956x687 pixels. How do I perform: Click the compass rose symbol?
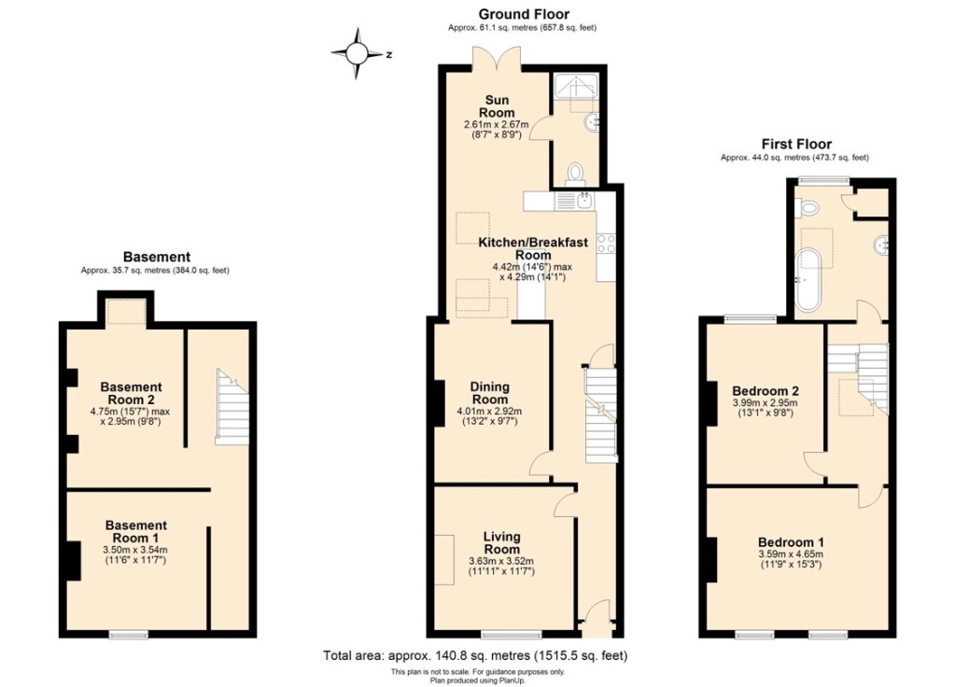point(358,53)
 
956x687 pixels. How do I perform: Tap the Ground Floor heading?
point(523,14)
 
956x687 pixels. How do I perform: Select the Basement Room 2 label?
point(131,393)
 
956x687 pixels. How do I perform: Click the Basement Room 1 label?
point(135,531)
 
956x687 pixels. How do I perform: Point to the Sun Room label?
point(497,106)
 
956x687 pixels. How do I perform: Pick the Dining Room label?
point(489,393)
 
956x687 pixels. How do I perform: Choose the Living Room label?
point(501,542)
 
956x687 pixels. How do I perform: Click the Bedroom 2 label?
point(766,391)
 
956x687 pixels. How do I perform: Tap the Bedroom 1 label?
point(791,542)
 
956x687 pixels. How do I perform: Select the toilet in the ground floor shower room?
point(574,173)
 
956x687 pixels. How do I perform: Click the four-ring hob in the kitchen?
point(606,244)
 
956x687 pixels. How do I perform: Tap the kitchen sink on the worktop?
point(584,200)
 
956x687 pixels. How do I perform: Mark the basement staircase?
point(232,407)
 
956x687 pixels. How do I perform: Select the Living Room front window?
point(511,635)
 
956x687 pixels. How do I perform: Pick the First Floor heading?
point(796,144)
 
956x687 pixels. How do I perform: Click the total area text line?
point(475,656)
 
